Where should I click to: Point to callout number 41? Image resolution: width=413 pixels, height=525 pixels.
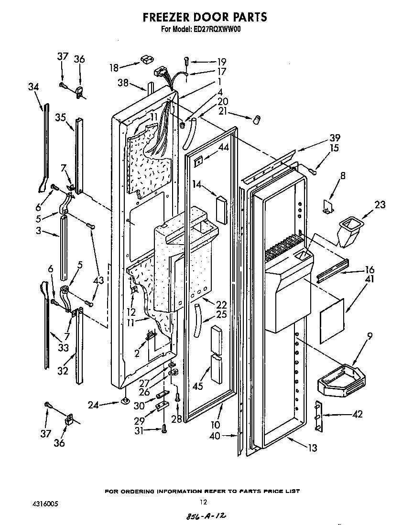pos(356,279)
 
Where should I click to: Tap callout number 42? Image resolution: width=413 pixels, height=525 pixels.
pos(357,414)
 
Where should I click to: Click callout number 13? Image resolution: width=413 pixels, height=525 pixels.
pos(313,448)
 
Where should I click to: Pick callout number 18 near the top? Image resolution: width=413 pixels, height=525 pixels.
pos(114,67)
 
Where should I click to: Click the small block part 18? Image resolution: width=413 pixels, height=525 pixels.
pos(145,60)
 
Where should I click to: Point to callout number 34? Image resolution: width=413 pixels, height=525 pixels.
pos(33,86)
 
